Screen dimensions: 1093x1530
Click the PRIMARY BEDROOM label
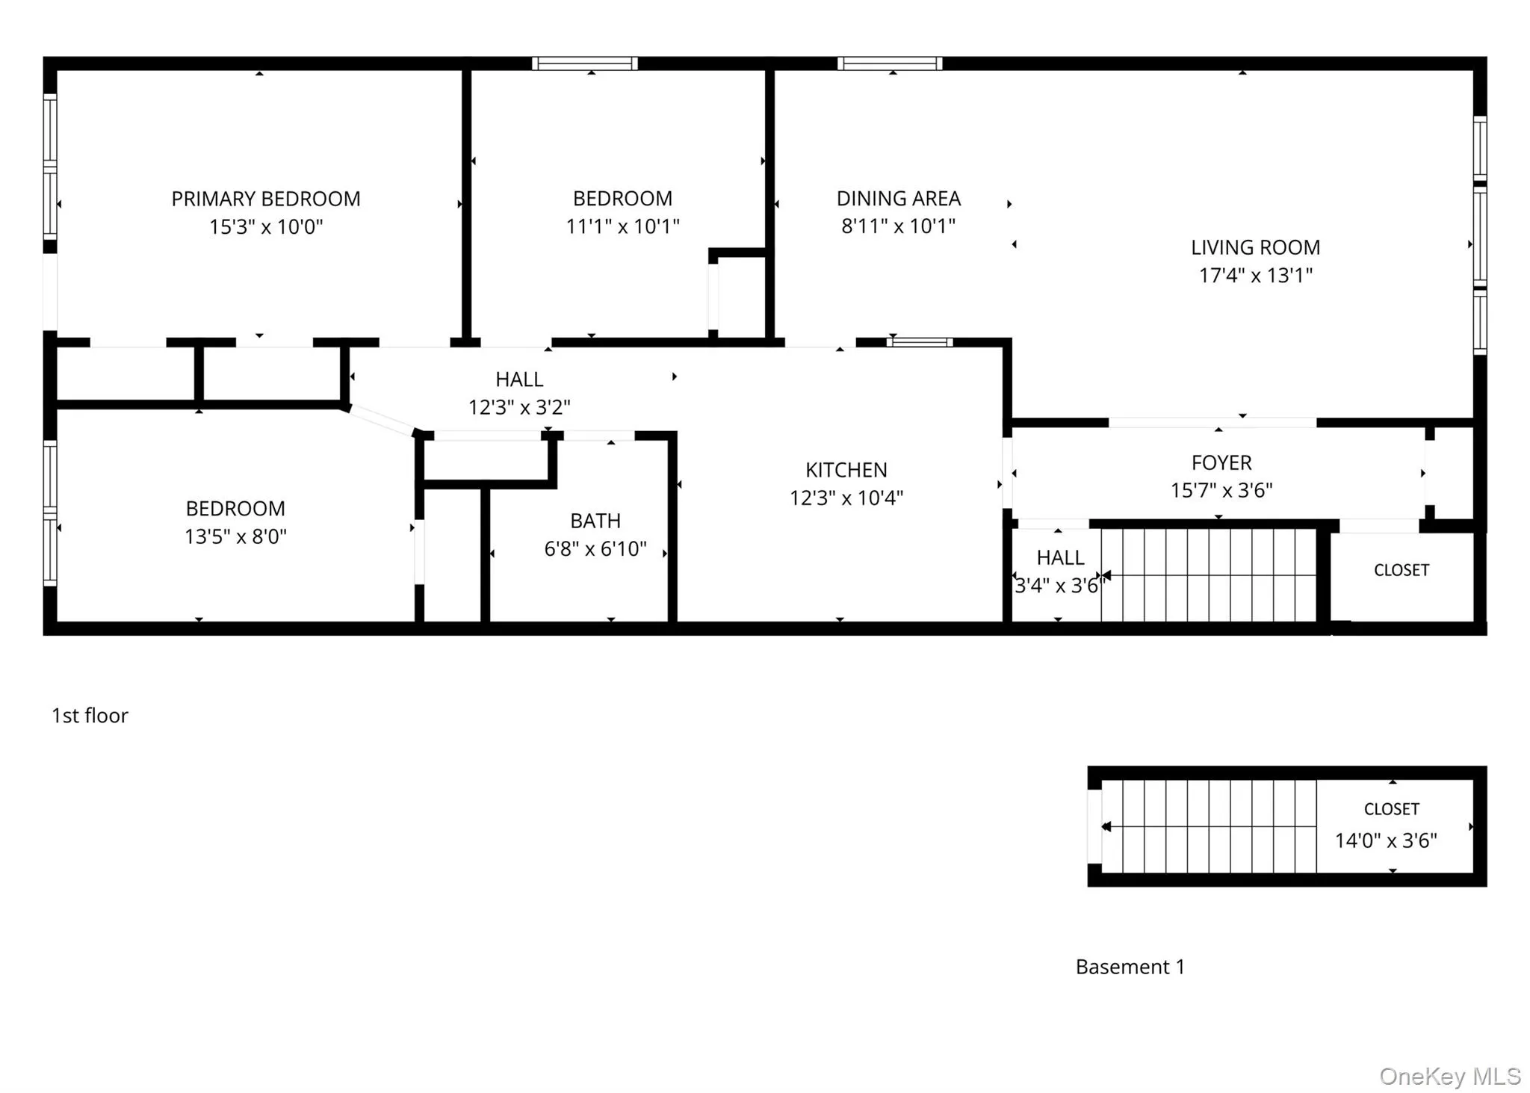coord(266,199)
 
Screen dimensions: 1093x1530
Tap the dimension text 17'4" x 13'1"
coord(1255,276)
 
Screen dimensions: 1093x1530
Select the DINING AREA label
coord(898,199)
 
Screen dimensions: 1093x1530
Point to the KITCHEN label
coord(846,470)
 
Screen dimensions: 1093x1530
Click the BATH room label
coord(595,521)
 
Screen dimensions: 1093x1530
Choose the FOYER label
coord(1221,462)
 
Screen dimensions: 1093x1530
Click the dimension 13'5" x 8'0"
coord(235,536)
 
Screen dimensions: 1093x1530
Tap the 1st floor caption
coord(90,716)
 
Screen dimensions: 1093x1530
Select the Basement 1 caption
coord(1130,967)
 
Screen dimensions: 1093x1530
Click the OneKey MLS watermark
coord(1449,1076)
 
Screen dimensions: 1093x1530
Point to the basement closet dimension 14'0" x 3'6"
coord(1386,840)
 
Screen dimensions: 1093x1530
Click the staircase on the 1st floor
coord(1209,575)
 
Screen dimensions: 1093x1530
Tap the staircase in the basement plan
coord(1209,826)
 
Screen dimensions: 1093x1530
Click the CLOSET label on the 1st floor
coord(1401,570)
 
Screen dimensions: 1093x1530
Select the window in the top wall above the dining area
coord(889,64)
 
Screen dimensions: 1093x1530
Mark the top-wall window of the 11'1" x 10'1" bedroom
coord(585,64)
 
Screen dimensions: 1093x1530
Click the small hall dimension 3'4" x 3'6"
coord(1059,586)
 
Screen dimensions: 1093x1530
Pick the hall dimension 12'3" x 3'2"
coord(519,407)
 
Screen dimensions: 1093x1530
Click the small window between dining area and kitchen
coord(920,342)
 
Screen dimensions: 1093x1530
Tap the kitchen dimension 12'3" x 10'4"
coord(846,498)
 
